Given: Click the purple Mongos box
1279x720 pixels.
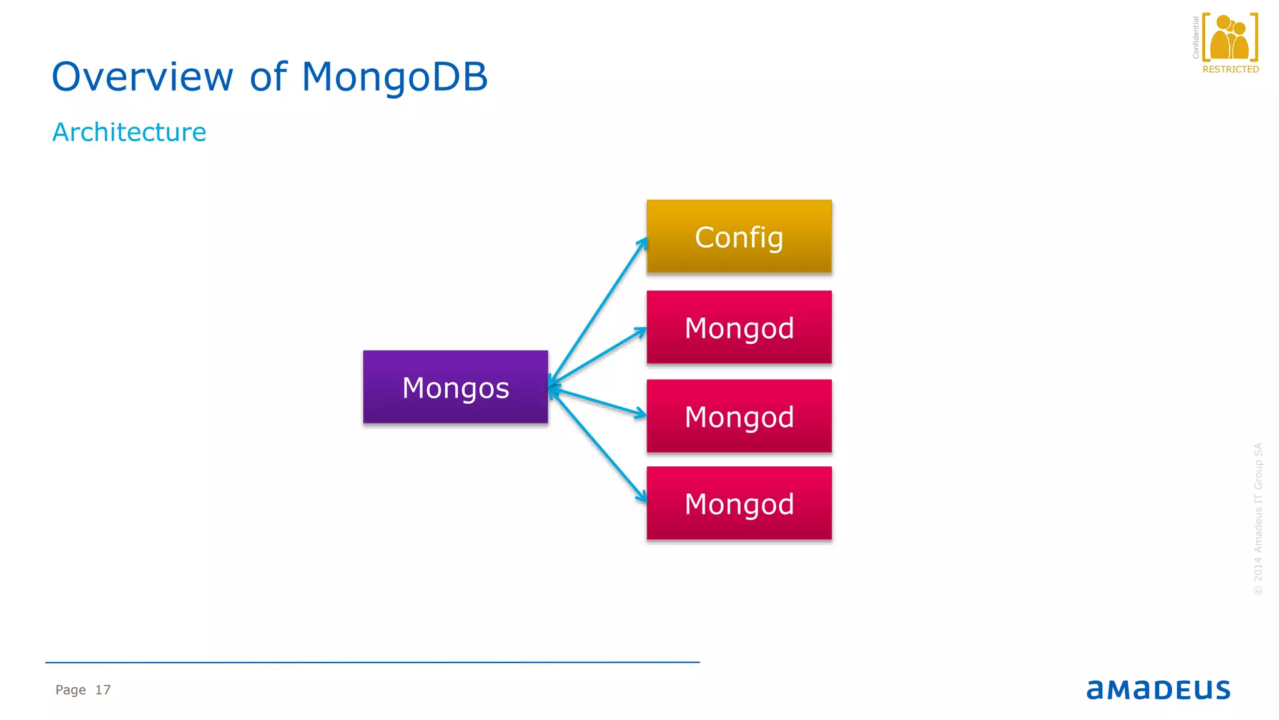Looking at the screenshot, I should [455, 387].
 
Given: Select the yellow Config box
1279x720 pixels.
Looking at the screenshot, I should [739, 237].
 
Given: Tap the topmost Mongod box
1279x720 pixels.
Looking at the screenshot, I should [739, 327].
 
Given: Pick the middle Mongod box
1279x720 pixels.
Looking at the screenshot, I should [739, 416].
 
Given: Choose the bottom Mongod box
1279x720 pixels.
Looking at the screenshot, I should [739, 503].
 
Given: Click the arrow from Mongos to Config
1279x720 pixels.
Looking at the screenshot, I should [598, 311].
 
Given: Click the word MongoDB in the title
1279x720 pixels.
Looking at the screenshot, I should [394, 77].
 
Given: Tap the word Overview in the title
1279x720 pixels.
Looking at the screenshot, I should [142, 77].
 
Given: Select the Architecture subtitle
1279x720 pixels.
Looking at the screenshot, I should [129, 132].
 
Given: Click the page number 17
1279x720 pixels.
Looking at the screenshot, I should [103, 690].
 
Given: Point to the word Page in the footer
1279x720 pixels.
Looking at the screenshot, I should [71, 690].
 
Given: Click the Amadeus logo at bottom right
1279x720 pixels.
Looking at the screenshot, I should [1158, 689].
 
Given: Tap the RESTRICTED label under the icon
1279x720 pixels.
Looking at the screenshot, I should [1230, 69].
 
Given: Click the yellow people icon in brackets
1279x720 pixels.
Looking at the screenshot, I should [1230, 37].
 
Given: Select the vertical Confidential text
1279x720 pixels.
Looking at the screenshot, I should [1196, 37].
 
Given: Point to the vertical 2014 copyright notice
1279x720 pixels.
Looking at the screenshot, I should [1258, 519].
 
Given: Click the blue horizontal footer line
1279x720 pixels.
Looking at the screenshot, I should [372, 662].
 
